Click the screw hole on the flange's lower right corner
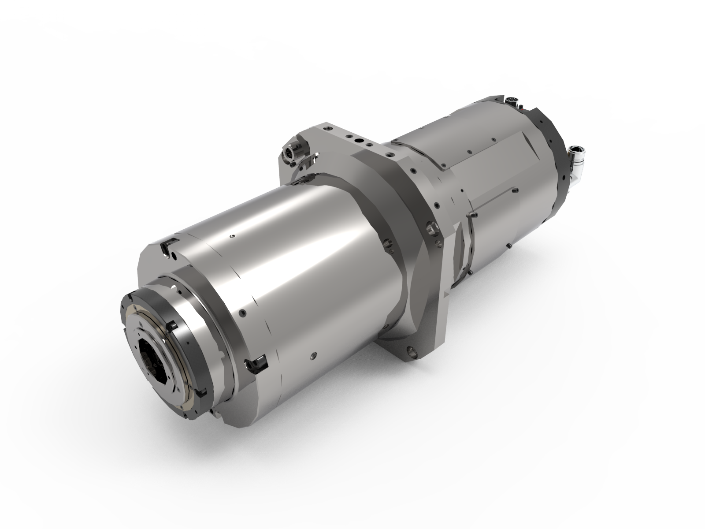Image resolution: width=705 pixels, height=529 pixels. pyautogui.click(x=413, y=351)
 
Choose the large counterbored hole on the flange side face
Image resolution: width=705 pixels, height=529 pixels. pyautogui.click(x=430, y=229)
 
